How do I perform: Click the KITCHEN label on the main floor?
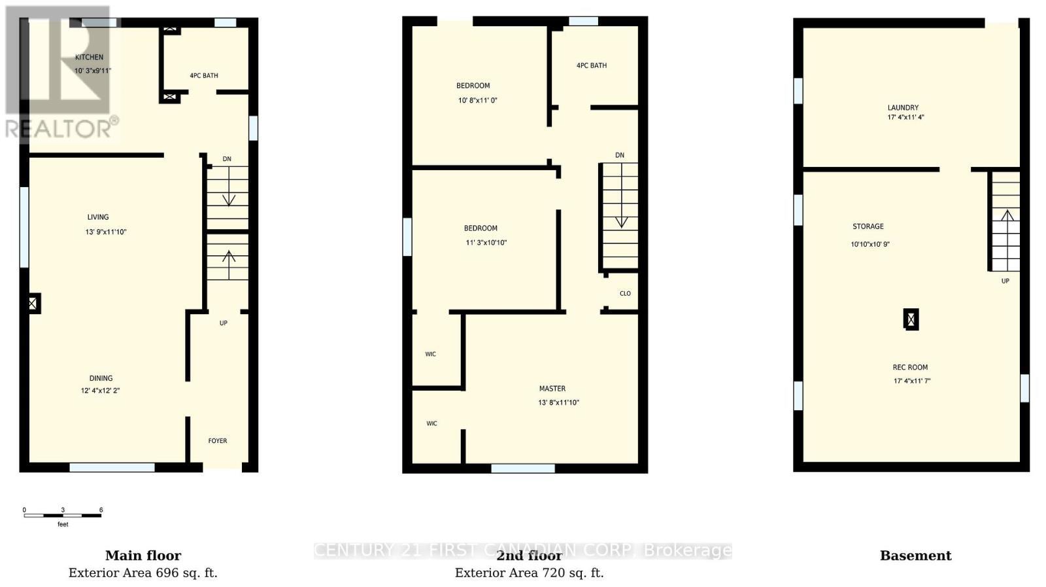[x=89, y=58]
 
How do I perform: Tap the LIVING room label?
[x=98, y=217]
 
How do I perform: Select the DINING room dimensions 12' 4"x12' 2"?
[x=100, y=391]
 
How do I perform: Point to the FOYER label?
[x=218, y=441]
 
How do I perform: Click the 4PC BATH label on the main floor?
[x=204, y=76]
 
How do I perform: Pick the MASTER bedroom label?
[x=552, y=389]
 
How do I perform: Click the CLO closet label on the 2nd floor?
[x=625, y=294]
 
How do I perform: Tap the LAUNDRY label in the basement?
[x=903, y=108]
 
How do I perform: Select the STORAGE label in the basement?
[x=868, y=226]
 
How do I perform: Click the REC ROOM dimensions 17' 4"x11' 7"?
[x=912, y=381]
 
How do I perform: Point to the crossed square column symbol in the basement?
[x=911, y=319]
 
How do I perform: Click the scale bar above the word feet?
[x=63, y=516]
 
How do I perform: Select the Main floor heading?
[x=143, y=556]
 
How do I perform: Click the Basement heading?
[x=915, y=556]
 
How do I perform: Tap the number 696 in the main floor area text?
[x=167, y=573]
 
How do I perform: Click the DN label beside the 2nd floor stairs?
[x=620, y=156]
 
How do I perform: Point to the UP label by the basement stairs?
[x=1005, y=281]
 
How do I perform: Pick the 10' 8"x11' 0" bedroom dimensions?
[x=478, y=101]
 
